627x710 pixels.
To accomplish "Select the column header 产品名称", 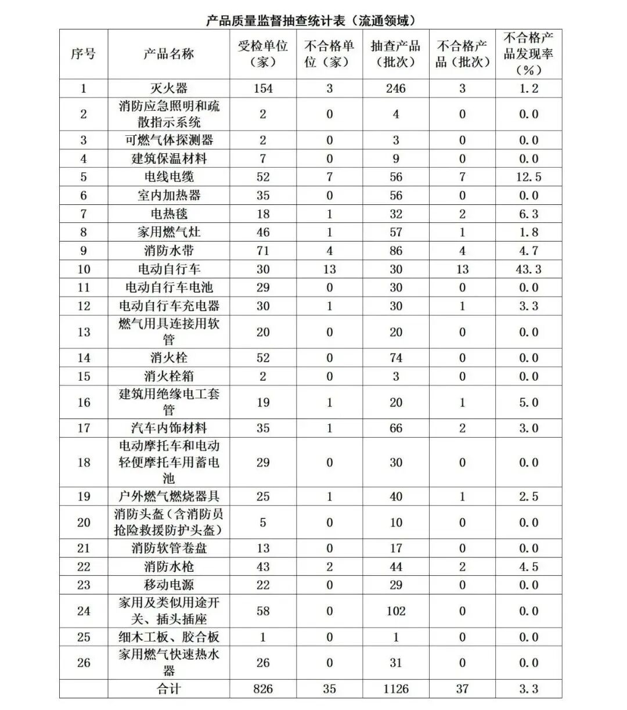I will tap(168, 54).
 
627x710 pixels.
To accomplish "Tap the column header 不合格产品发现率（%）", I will tap(528, 54).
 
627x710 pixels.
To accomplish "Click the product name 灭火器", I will tap(168, 88).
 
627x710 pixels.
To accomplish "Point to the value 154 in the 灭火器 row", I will tap(262, 88).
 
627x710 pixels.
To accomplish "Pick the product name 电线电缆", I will tap(168, 177).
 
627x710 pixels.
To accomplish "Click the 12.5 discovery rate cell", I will tap(528, 177).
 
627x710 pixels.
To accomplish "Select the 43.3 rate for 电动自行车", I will tap(528, 269).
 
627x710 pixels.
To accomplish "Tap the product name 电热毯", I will tap(168, 214).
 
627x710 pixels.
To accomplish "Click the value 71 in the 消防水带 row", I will tap(262, 251).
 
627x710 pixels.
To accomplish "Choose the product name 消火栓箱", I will tap(168, 376).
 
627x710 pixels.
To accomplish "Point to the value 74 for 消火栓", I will tap(395, 358).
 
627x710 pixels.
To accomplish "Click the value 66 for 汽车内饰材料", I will tap(395, 428).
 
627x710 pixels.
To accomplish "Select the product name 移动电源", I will tap(168, 585).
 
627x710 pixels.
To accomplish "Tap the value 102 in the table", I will tap(395, 611).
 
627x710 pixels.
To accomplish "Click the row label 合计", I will tap(168, 689).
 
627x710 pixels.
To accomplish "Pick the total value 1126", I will tap(395, 689).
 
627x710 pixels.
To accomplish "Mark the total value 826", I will tap(262, 689).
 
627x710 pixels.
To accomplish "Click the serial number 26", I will tap(84, 663).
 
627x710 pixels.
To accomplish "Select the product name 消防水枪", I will tap(168, 567).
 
